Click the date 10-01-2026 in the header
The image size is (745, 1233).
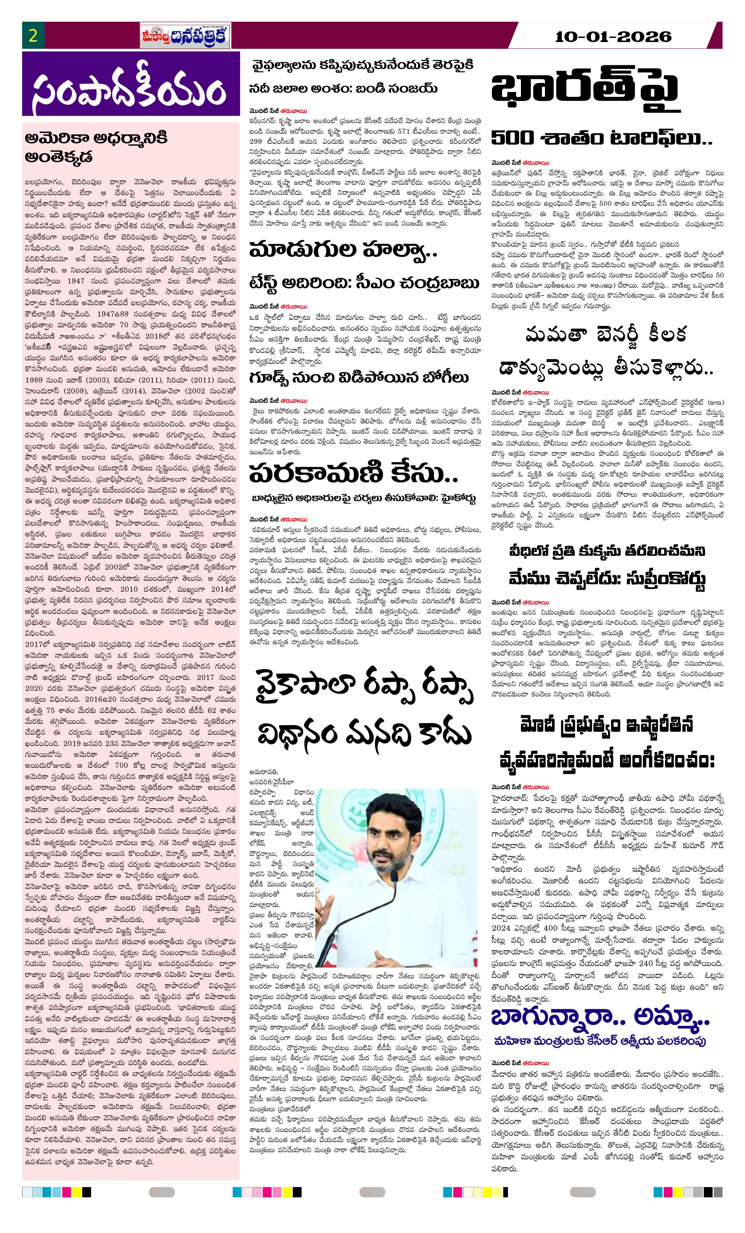613,36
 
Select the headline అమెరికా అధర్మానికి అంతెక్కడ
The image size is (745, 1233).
96,148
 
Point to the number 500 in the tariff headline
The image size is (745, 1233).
515,139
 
